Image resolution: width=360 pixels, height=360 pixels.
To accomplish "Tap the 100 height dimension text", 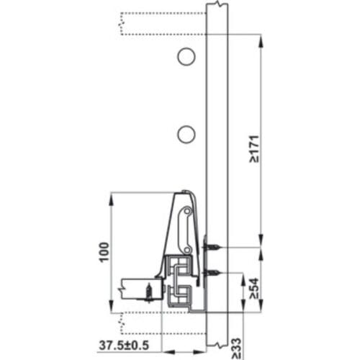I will point(104,252).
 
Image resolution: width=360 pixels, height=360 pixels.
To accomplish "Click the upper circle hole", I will point(186,55).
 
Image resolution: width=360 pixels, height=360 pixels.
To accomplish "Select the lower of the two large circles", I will point(186,133).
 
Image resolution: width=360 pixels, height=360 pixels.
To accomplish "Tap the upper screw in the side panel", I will point(212,247).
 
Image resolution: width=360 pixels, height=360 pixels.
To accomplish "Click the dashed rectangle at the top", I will point(162,22).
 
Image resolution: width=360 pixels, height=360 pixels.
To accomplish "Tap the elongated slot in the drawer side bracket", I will point(186,229).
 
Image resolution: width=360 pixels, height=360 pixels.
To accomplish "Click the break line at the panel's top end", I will point(217,5).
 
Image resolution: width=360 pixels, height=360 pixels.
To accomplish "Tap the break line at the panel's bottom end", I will point(217,353).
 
